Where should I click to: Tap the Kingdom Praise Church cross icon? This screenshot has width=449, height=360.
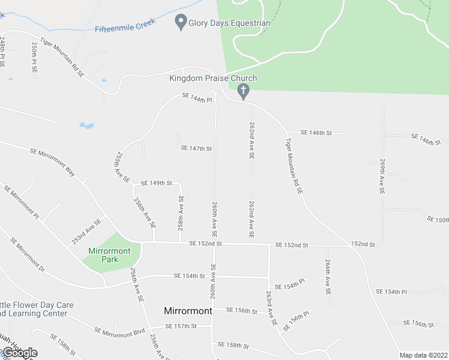[243, 92]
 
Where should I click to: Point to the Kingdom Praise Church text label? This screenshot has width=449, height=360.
[213, 79]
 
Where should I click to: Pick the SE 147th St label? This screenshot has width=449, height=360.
[196, 148]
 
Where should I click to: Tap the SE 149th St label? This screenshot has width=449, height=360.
[156, 183]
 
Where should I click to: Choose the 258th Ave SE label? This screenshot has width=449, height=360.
[180, 213]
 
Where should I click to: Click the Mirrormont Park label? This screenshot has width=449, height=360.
[111, 255]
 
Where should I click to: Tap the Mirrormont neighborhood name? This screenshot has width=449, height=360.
[188, 311]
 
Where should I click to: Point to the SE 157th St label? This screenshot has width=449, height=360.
[181, 326]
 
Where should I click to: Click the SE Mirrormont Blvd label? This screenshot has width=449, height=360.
[120, 331]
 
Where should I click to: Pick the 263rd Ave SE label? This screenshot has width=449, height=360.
[271, 308]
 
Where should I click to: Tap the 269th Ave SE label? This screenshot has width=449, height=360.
[381, 176]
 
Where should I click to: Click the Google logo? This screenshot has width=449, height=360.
[20, 353]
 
